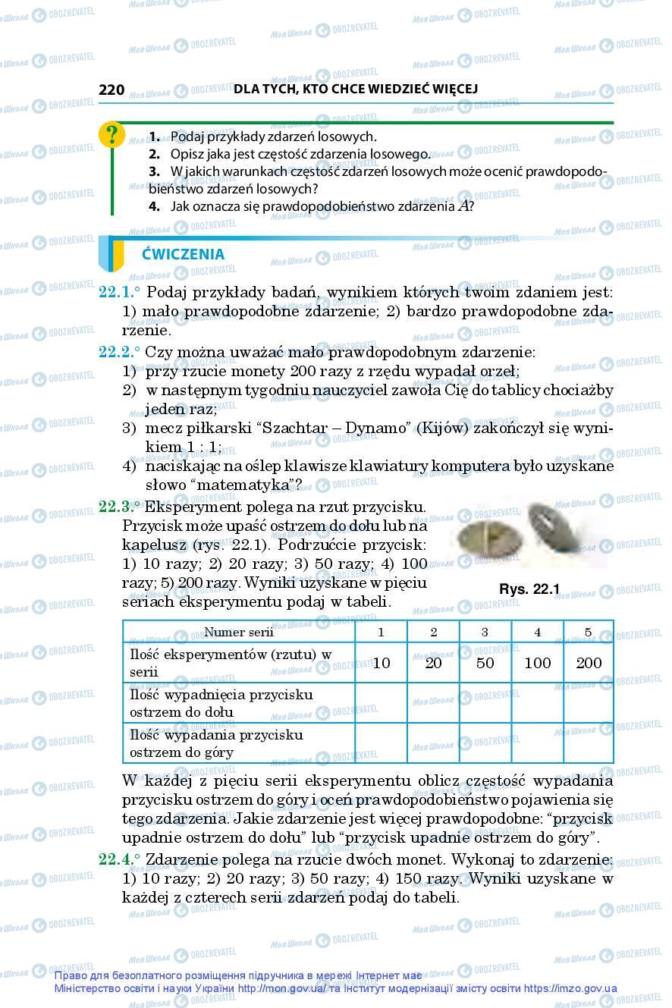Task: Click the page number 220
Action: [111, 89]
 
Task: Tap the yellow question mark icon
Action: [111, 135]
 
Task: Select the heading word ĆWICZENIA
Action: [183, 254]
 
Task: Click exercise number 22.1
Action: [119, 292]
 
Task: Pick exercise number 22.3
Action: [119, 507]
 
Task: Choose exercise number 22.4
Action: [119, 859]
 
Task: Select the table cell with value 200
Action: [589, 663]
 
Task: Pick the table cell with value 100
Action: [537, 663]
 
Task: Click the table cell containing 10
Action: [382, 663]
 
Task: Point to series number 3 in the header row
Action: [485, 632]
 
